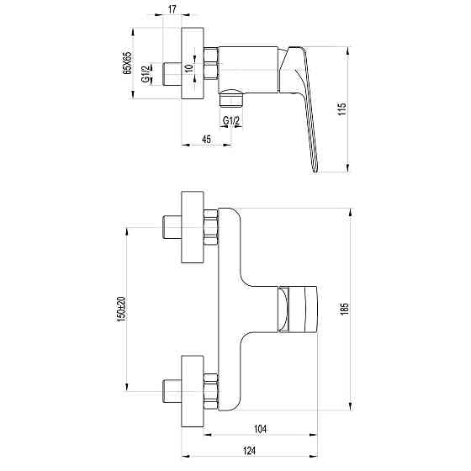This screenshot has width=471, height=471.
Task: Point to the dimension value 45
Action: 206,139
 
